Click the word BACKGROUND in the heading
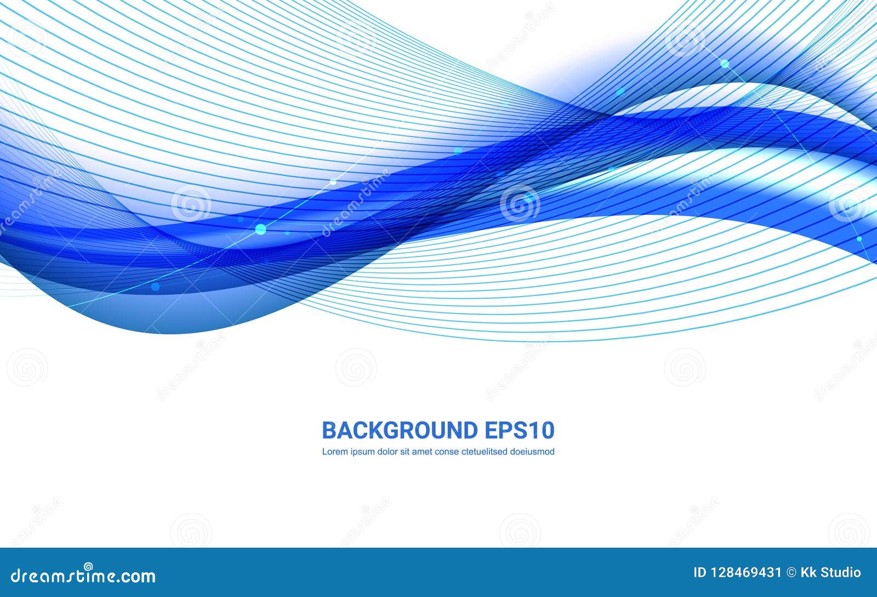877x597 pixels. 400,431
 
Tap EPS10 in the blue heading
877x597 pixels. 520,431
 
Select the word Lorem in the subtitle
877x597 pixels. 335,452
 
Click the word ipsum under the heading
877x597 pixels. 362,452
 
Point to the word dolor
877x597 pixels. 387,452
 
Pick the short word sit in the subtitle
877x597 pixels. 405,452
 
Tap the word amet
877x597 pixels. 422,452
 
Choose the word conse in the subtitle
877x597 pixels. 447,452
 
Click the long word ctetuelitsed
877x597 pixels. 485,452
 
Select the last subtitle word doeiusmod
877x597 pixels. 532,452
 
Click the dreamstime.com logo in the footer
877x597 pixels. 83,576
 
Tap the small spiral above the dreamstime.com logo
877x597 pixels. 88,566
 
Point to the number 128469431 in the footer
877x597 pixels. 745,573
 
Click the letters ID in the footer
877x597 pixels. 699,573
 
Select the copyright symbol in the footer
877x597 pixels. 791,573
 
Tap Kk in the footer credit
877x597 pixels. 808,573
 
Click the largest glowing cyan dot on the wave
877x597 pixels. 260,229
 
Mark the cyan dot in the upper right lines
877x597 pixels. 725,64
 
